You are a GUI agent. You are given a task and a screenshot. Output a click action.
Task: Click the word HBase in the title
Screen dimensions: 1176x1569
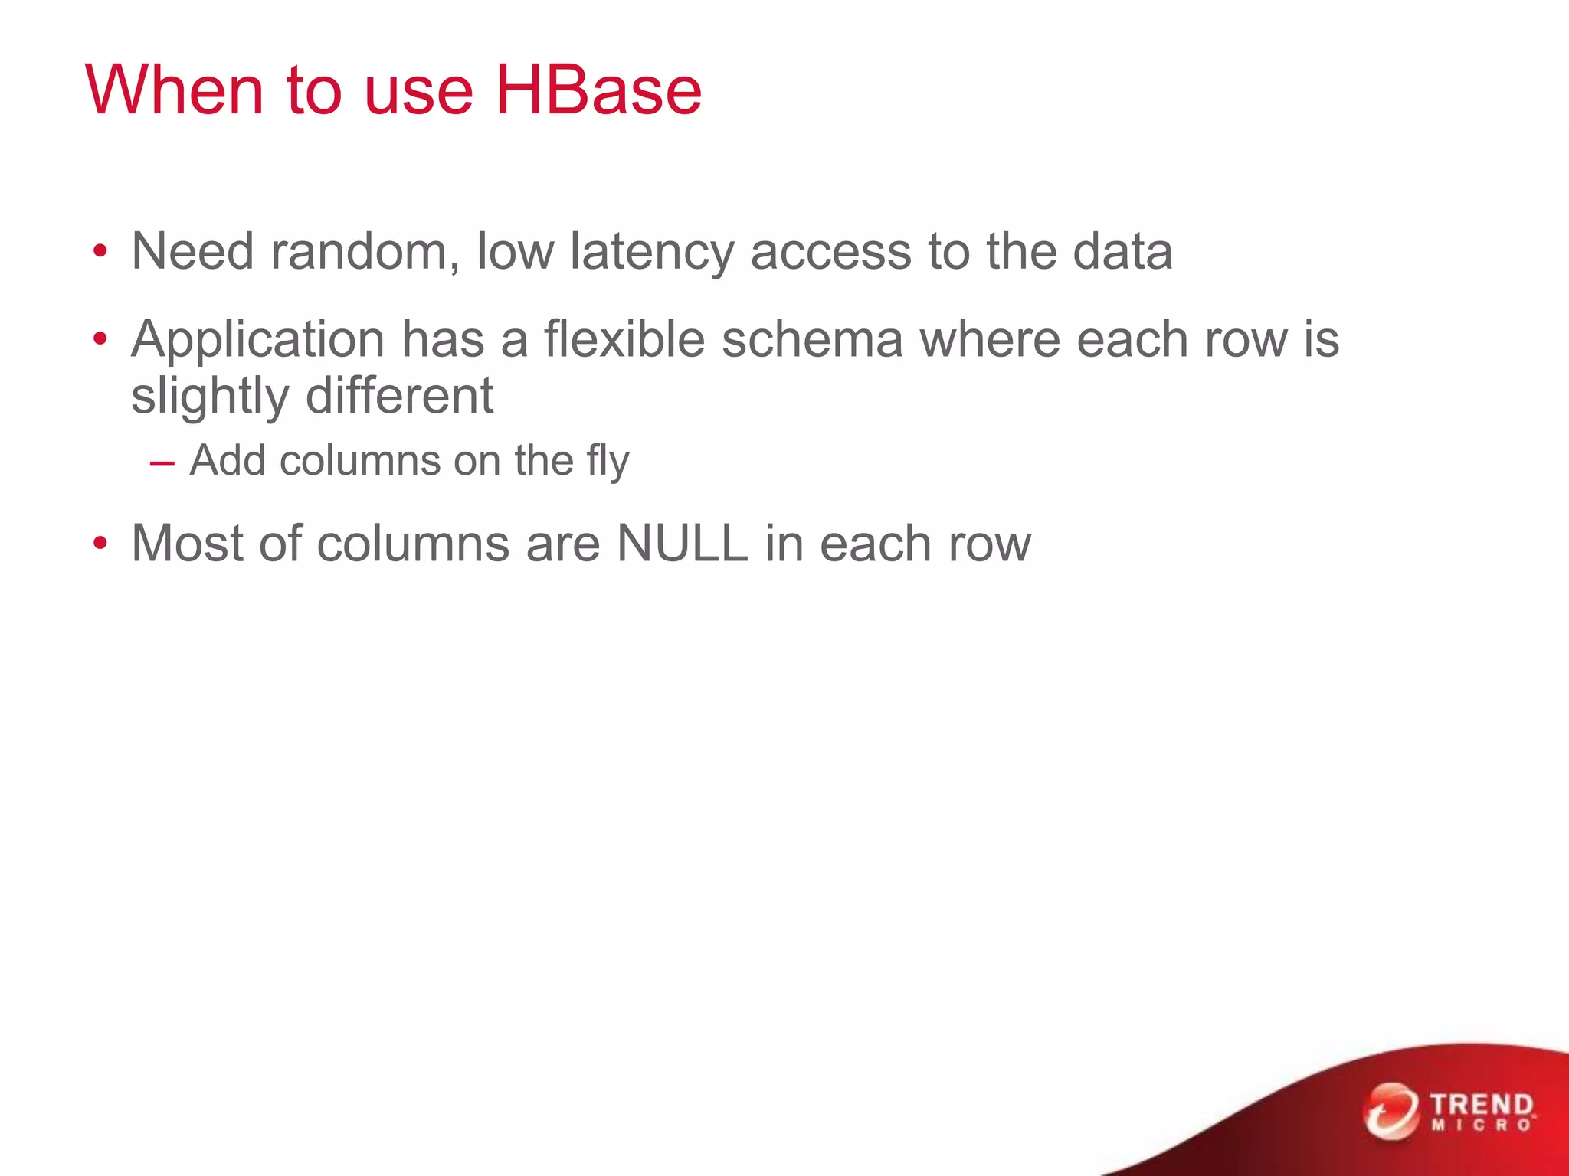point(598,90)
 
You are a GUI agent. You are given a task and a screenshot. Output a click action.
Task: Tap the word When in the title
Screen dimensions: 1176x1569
point(175,90)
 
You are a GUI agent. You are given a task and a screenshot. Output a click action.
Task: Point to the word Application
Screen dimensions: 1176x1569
point(257,340)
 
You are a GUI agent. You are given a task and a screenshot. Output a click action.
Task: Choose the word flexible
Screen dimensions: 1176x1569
point(624,338)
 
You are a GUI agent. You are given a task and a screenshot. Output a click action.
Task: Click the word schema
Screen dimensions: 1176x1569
point(812,338)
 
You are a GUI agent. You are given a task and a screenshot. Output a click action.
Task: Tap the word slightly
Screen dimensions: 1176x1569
point(209,397)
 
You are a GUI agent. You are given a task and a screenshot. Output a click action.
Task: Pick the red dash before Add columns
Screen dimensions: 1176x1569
point(162,463)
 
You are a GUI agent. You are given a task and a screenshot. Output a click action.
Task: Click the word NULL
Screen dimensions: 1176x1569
point(682,544)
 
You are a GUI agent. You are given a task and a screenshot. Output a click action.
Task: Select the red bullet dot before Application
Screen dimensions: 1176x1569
point(100,339)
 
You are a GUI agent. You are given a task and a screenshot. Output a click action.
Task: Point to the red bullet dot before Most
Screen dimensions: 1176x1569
point(100,544)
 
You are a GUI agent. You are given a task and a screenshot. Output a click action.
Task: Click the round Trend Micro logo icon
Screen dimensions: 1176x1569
point(1390,1111)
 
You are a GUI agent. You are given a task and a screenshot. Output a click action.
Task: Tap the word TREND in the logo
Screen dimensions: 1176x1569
point(1482,1105)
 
